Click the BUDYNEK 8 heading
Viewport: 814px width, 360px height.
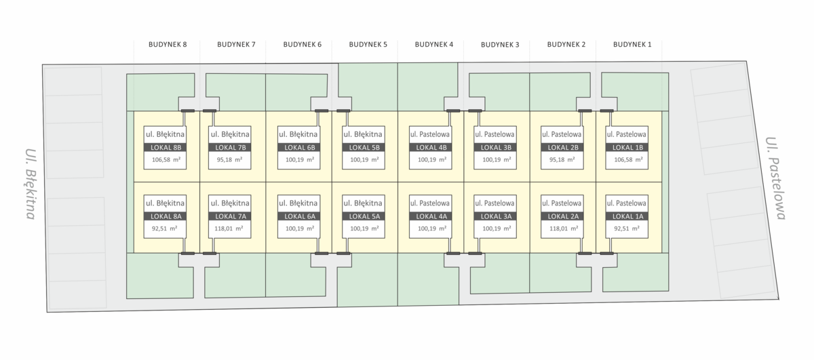[168, 44]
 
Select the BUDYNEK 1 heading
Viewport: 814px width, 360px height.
[632, 44]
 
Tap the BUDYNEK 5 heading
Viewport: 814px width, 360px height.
[368, 44]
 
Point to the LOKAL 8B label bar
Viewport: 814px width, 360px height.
[166, 148]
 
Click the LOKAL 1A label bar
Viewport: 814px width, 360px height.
[627, 216]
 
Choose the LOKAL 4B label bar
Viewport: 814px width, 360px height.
[431, 148]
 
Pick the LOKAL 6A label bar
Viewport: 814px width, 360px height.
[299, 216]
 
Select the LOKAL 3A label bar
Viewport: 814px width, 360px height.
[496, 216]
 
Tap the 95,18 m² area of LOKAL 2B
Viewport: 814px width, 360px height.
[562, 159]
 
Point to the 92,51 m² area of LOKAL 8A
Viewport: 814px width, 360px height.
[164, 228]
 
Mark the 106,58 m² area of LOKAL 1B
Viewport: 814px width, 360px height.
[628, 159]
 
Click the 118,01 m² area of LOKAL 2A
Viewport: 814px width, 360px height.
[564, 228]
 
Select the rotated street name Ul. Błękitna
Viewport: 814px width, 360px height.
[31, 184]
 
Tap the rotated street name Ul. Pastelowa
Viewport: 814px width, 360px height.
[775, 178]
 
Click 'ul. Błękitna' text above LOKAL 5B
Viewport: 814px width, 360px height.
[363, 134]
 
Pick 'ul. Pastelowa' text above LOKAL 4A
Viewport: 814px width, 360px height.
[430, 203]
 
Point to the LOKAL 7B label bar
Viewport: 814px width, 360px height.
[230, 148]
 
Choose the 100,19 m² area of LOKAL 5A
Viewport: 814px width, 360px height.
[364, 228]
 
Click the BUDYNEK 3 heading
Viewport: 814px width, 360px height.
[500, 44]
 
